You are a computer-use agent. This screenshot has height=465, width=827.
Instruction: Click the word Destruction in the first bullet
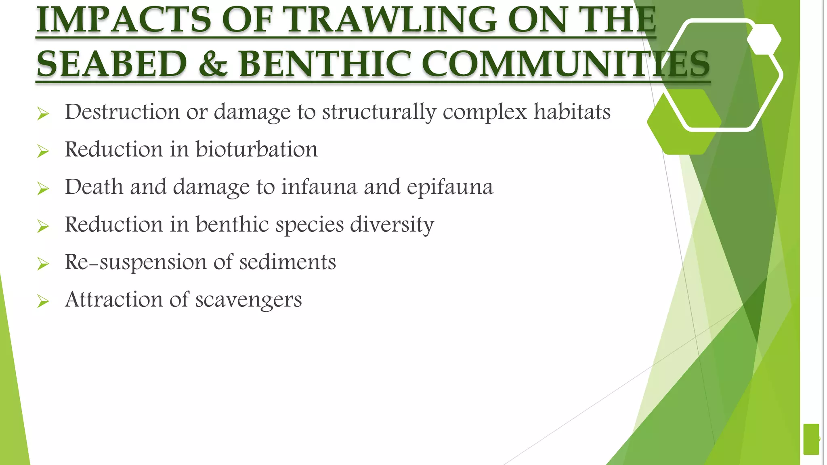[x=122, y=112]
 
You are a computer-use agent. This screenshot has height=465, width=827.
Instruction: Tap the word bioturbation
[x=256, y=149]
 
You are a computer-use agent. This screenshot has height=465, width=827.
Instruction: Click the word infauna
[x=319, y=187]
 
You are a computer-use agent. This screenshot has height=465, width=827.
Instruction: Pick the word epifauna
[x=450, y=187]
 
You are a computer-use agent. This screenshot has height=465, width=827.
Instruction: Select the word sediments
[x=288, y=262]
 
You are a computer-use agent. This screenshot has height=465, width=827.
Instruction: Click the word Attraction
[x=113, y=300]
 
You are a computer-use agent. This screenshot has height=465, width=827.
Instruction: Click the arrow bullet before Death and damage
[x=43, y=189]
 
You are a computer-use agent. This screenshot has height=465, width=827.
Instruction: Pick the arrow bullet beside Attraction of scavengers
[x=43, y=301]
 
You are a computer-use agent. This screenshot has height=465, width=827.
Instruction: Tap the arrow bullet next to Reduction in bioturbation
[x=43, y=151]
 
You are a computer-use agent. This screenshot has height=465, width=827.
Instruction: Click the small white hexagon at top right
[x=764, y=39]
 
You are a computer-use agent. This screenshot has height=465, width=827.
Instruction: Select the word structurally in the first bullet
[x=379, y=112]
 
